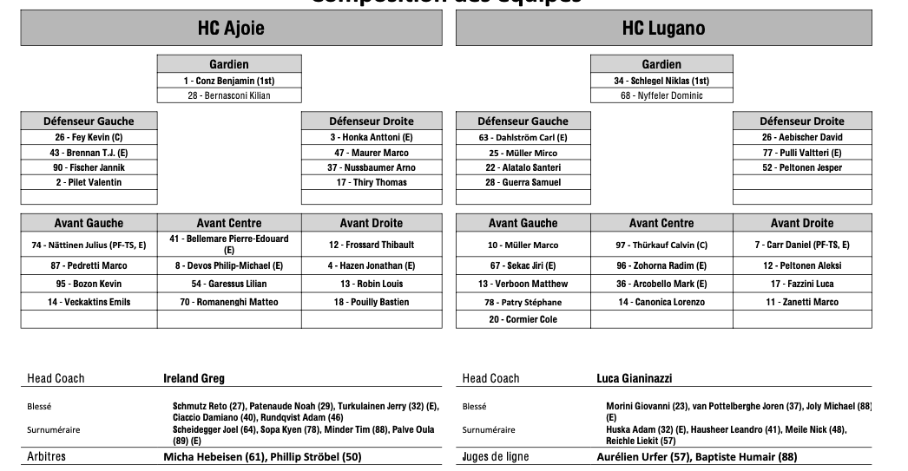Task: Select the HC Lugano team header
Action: point(663,29)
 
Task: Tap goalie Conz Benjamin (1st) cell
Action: point(229,81)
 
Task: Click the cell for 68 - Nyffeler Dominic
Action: point(661,95)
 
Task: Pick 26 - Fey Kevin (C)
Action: point(89,137)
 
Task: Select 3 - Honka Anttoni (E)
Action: point(372,137)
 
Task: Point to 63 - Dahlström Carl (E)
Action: point(523,137)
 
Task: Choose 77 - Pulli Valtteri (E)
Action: point(802,153)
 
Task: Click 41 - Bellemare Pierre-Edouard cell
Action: point(229,244)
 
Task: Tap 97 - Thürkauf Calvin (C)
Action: point(661,245)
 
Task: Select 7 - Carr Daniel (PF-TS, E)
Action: point(802,245)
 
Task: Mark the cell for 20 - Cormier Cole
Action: point(523,319)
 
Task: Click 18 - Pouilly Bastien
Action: point(372,302)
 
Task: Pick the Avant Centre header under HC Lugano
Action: point(661,223)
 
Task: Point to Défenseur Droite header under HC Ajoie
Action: point(372,121)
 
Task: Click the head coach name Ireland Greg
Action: point(194,378)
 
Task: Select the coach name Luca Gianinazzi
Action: point(634,378)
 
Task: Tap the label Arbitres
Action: point(46,456)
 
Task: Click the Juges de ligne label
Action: point(495,456)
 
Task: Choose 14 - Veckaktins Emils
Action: point(89,302)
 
